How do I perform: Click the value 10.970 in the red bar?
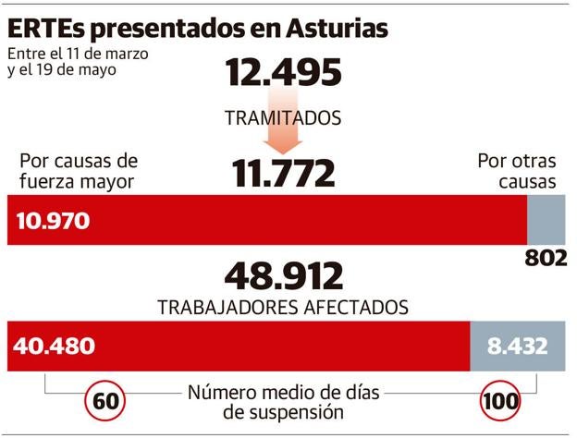(53, 221)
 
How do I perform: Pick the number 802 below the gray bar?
(545, 258)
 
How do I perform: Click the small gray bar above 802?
(545, 220)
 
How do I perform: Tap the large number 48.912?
(284, 275)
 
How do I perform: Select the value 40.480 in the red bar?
(55, 347)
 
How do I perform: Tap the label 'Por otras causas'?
(517, 170)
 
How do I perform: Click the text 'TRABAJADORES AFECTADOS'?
(284, 306)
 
